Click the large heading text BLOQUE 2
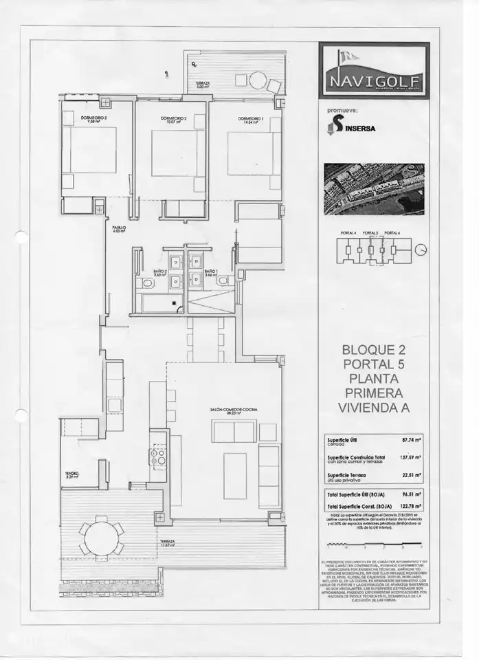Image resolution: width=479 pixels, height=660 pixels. pos(373,350)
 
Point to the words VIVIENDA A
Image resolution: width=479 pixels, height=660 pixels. pos(373,407)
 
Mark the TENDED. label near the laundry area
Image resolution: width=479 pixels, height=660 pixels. pos(72,474)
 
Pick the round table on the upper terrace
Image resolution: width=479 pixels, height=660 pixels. pos(258,80)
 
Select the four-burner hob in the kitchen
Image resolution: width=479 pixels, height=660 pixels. pos(157,454)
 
